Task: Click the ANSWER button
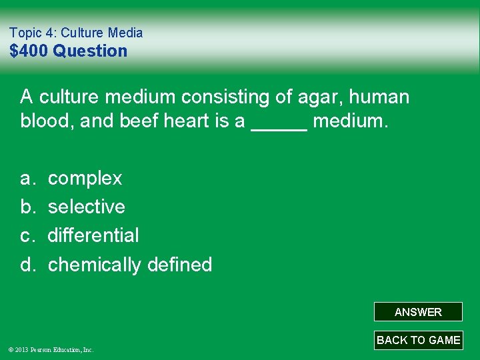(x=418, y=312)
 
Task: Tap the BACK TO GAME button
(x=418, y=340)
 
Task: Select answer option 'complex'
(x=85, y=179)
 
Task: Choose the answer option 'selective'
(x=87, y=207)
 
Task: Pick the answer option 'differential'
(x=93, y=235)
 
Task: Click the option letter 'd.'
(x=27, y=265)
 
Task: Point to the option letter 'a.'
(x=27, y=179)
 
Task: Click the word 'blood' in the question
(x=46, y=123)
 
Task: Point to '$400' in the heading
(x=29, y=51)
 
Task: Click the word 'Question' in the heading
(x=90, y=51)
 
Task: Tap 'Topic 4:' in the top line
(x=34, y=33)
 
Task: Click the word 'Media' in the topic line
(x=126, y=33)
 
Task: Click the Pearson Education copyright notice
(x=51, y=349)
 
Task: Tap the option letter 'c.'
(x=27, y=235)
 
